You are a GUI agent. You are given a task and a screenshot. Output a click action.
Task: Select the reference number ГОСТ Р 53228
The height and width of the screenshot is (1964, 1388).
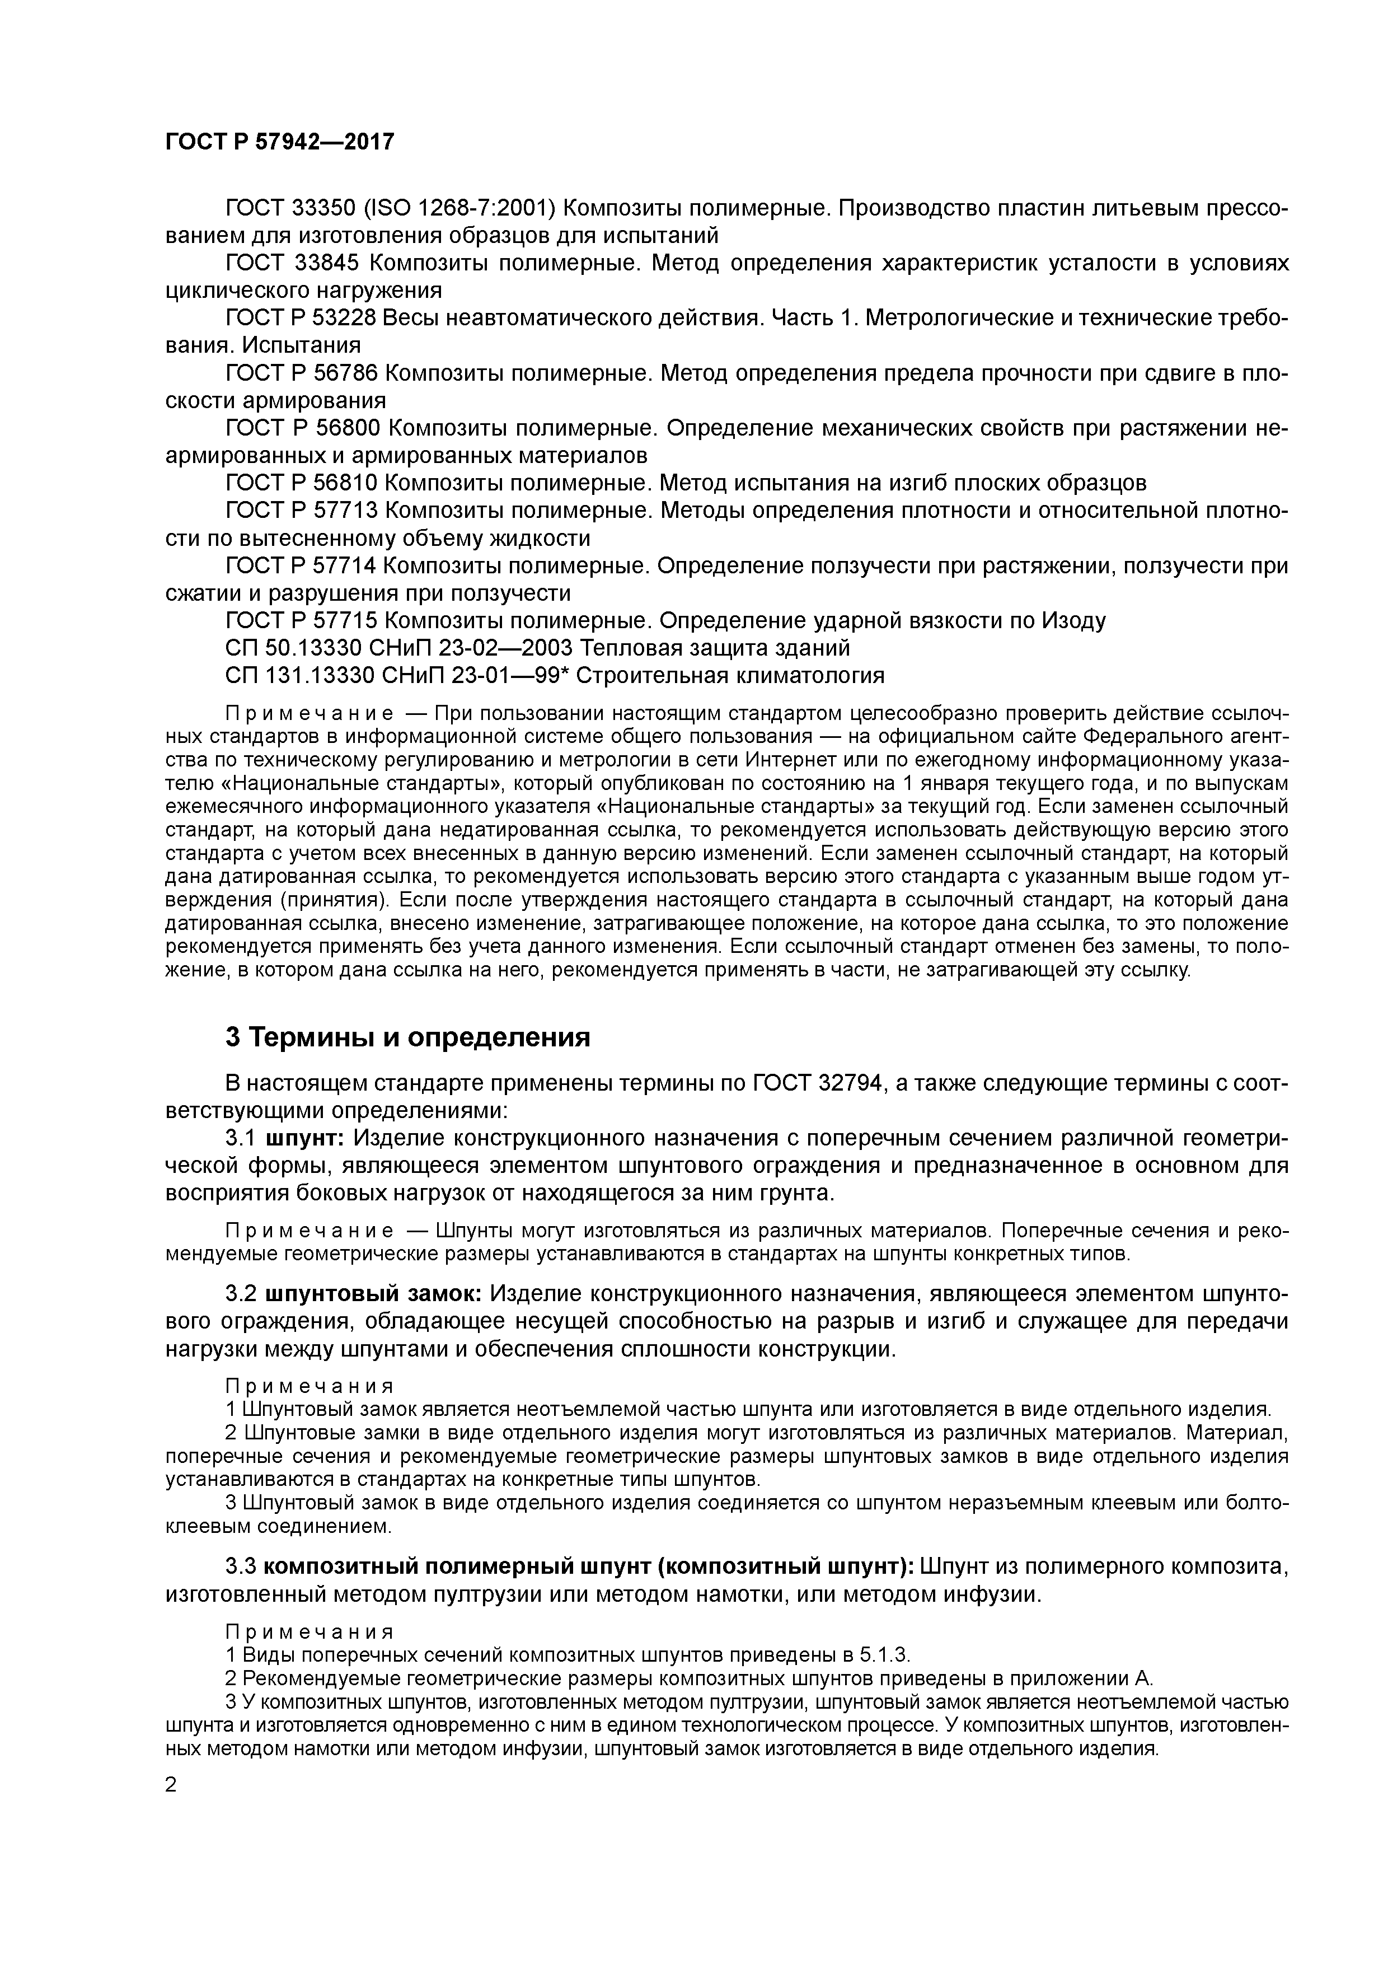pyautogui.click(x=299, y=318)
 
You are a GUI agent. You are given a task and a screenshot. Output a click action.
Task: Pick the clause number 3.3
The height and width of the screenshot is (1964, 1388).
pyautogui.click(x=240, y=1566)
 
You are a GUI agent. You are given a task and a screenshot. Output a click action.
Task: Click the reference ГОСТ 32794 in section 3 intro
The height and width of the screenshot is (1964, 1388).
pyautogui.click(x=823, y=1084)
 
